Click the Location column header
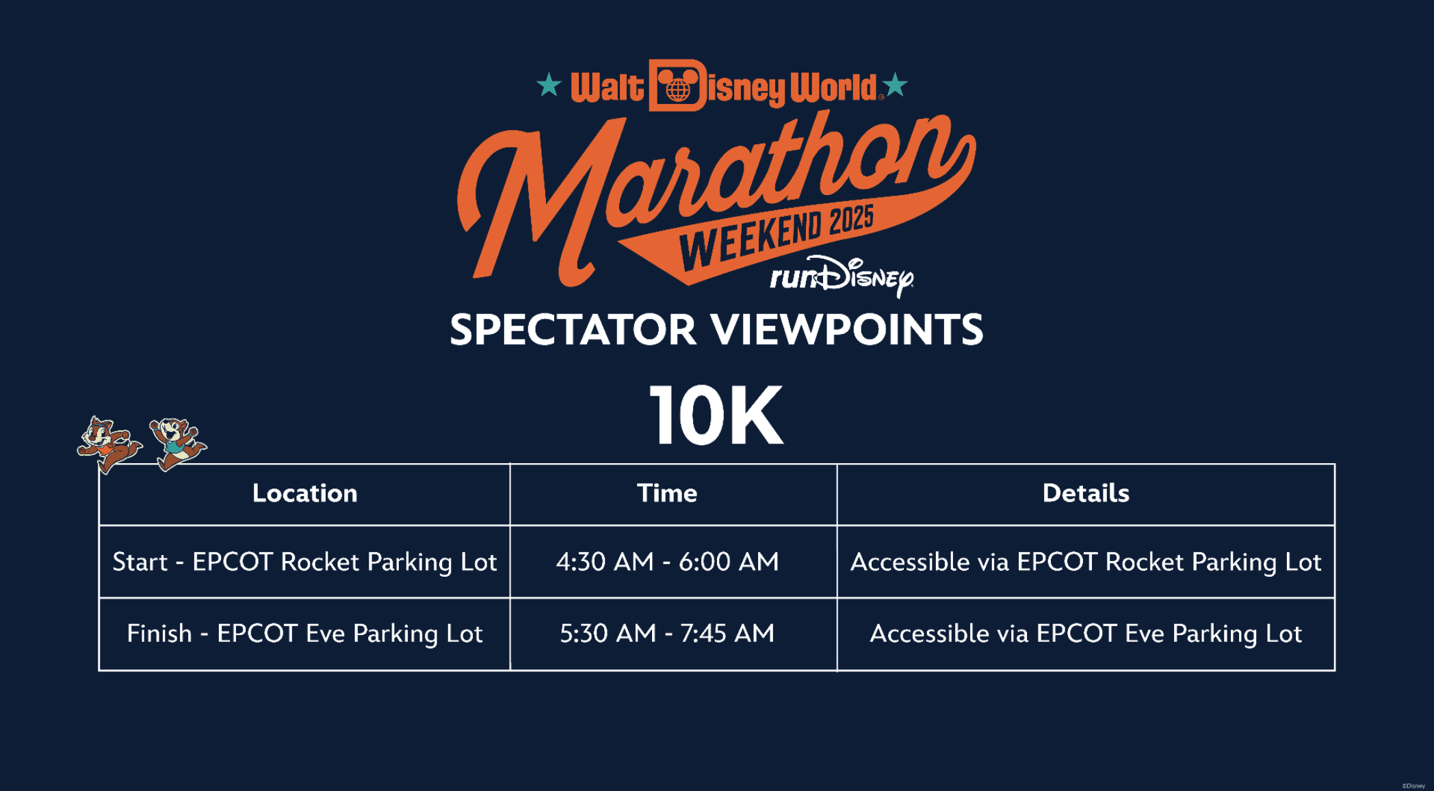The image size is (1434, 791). click(304, 493)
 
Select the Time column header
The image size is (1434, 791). click(667, 493)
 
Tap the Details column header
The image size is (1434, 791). click(1086, 493)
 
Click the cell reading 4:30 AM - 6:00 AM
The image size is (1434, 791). click(667, 562)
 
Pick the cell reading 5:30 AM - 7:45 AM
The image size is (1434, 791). click(667, 634)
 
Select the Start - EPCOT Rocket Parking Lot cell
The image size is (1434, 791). click(304, 562)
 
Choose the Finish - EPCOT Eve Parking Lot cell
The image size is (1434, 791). click(304, 634)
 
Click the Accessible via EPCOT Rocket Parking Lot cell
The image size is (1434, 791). click(1086, 562)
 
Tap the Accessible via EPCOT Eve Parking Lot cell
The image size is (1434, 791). click(1086, 634)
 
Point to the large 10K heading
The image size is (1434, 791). click(716, 415)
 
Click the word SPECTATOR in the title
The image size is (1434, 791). click(573, 330)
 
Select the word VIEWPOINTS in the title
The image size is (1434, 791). click(847, 330)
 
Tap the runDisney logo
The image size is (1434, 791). click(842, 276)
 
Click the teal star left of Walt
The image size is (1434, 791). click(549, 86)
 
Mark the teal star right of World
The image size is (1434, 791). click(895, 86)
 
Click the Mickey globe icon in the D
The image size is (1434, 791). click(677, 86)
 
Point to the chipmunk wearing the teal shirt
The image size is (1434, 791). click(177, 443)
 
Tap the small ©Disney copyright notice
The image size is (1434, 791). click(1413, 786)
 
